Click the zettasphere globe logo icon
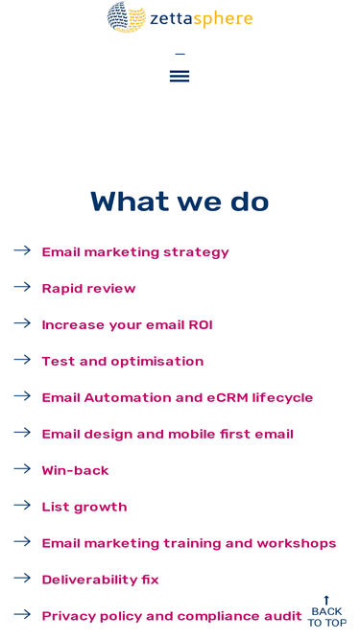tap(127, 17)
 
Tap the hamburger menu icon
tap(180, 76)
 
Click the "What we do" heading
tap(180, 201)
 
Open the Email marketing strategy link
tap(135, 252)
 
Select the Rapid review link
tap(88, 289)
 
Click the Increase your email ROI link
tap(127, 325)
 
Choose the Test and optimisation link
tap(123, 361)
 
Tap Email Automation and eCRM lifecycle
tap(178, 397)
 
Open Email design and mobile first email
tap(167, 434)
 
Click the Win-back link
tap(75, 470)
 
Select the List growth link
tap(84, 507)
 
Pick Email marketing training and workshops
tap(189, 543)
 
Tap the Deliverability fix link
tap(100, 580)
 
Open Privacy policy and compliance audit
tap(172, 616)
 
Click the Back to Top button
tap(327, 612)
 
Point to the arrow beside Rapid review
tap(22, 287)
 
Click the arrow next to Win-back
tap(22, 468)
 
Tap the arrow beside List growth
tap(22, 506)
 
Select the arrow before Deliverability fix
tap(22, 578)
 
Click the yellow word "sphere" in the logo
tap(223, 19)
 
